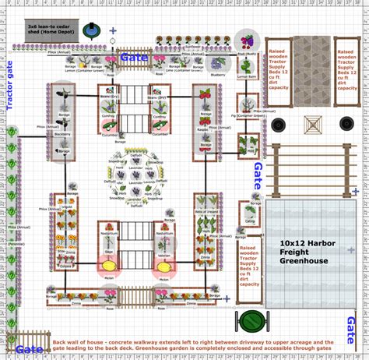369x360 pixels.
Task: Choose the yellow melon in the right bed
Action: (x=164, y=265)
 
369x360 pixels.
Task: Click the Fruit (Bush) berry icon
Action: (x=248, y=41)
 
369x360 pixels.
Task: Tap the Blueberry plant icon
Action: (x=218, y=65)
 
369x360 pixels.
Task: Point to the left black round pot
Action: (x=278, y=125)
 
